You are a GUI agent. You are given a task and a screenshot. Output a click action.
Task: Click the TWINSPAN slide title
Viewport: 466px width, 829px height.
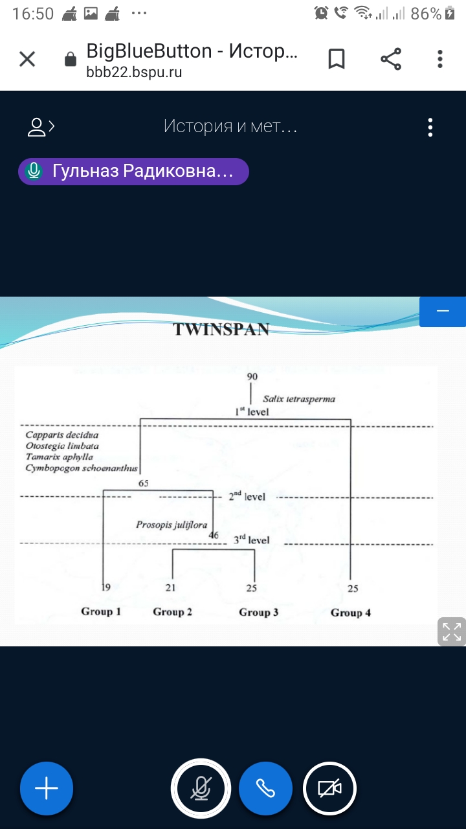(221, 330)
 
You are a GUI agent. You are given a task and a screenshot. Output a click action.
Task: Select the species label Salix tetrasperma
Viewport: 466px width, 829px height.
(298, 399)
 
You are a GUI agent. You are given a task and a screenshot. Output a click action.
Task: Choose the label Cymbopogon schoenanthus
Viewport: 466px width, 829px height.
(82, 468)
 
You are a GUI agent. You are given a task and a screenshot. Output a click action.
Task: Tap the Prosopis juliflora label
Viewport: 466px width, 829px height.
(172, 525)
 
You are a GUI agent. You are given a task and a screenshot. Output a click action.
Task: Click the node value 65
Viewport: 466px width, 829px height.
(144, 483)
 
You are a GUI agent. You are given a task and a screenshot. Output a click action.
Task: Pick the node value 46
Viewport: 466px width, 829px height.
(214, 536)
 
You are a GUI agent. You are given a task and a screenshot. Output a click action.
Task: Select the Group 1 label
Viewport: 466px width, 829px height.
(101, 611)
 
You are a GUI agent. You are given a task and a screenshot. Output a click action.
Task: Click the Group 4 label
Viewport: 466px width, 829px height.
(351, 613)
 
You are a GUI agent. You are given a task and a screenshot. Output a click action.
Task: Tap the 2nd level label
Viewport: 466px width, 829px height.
(247, 497)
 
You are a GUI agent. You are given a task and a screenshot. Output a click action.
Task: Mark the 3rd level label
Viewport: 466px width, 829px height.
(252, 539)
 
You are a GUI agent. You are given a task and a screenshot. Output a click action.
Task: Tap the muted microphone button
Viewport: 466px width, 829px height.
(201, 788)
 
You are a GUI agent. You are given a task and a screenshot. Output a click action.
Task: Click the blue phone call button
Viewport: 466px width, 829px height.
(265, 788)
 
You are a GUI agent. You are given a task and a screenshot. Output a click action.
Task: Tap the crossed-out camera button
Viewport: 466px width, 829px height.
(330, 788)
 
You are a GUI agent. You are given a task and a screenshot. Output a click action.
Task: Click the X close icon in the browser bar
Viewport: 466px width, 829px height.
(27, 60)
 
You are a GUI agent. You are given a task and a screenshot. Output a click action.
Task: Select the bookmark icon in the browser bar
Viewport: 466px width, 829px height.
(337, 60)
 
